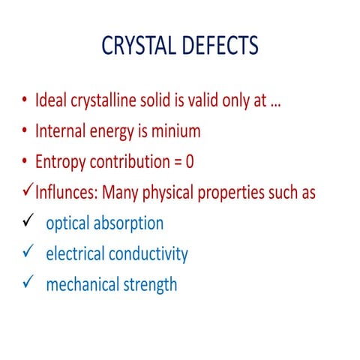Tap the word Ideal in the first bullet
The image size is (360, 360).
[52, 101]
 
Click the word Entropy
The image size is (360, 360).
[61, 162]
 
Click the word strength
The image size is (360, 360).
[151, 284]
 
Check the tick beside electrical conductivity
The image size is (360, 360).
[26, 253]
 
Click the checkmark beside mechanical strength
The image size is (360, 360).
[26, 283]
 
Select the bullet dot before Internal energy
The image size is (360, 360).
[25, 132]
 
